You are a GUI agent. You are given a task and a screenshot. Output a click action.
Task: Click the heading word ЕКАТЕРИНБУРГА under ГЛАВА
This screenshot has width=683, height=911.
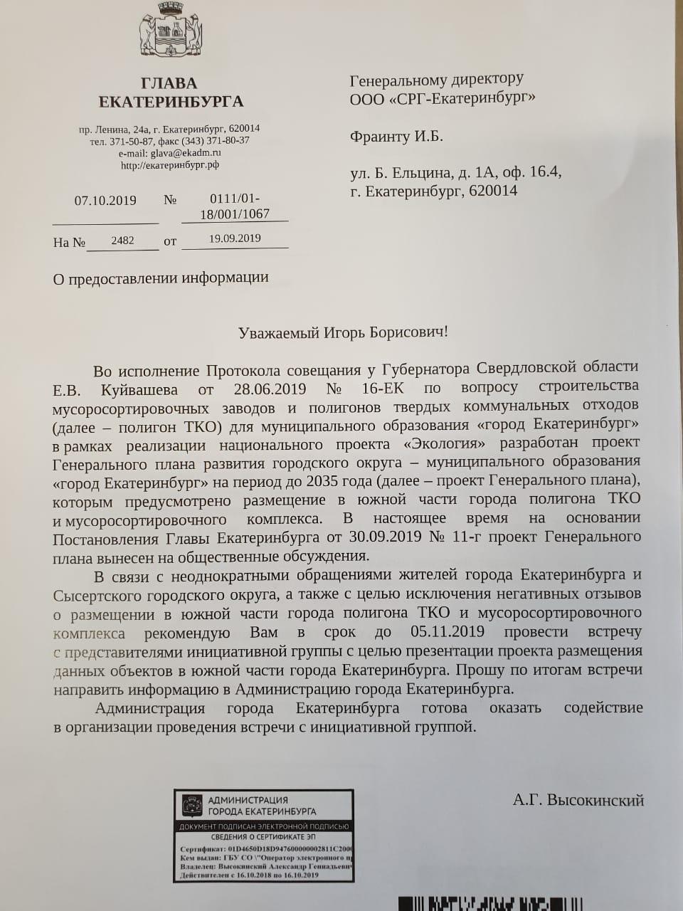pyautogui.click(x=171, y=102)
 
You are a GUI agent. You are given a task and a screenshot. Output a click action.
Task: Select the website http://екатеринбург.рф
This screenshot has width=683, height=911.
pyautogui.click(x=170, y=164)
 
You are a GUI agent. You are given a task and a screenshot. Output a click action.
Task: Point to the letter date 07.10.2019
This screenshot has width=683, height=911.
pyautogui.click(x=105, y=201)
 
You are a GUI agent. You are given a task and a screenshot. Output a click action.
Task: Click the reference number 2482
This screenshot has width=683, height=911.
pyautogui.click(x=122, y=241)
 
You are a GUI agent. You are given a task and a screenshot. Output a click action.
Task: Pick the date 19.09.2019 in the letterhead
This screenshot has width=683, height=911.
pyautogui.click(x=235, y=238)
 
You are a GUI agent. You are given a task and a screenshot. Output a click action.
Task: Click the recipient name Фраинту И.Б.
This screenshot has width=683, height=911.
pyautogui.click(x=396, y=137)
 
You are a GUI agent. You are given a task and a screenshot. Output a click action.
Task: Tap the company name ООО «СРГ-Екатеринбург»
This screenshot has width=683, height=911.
pyautogui.click(x=443, y=98)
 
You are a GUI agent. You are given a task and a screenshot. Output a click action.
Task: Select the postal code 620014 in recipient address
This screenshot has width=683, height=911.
pyautogui.click(x=493, y=191)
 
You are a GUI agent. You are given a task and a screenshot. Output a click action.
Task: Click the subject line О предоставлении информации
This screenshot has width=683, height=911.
pyautogui.click(x=161, y=278)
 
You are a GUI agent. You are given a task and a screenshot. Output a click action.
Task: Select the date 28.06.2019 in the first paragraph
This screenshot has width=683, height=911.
pyautogui.click(x=270, y=389)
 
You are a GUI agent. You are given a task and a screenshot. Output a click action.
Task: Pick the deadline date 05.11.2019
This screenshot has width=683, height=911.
pyautogui.click(x=448, y=632)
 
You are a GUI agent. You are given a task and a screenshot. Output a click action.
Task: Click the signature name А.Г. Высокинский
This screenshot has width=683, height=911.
pyautogui.click(x=578, y=800)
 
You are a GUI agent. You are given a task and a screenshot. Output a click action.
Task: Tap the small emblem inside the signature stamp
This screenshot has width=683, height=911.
pyautogui.click(x=192, y=806)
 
